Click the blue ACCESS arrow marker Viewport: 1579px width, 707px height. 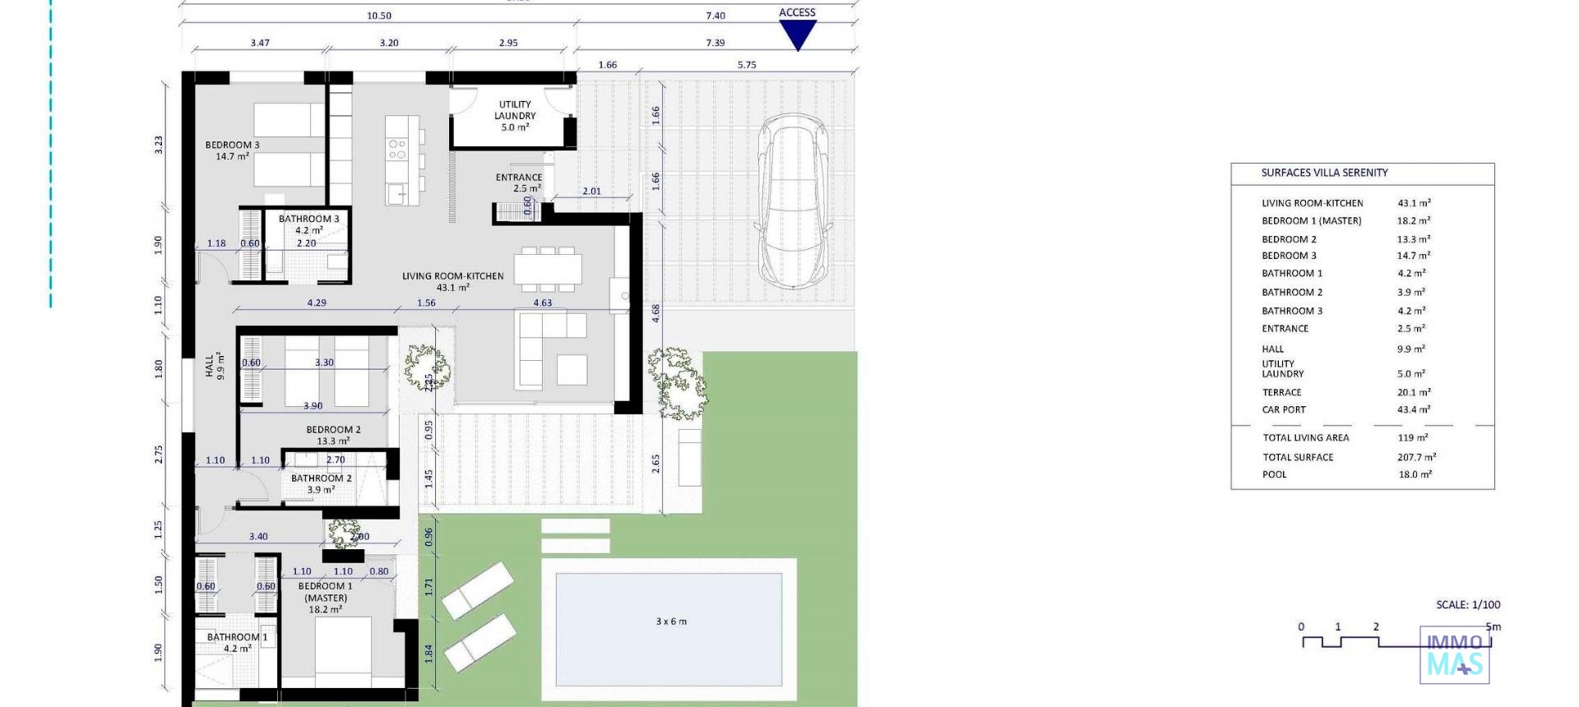(x=797, y=34)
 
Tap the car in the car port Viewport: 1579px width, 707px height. (x=792, y=201)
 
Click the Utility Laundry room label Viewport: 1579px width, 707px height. (x=515, y=116)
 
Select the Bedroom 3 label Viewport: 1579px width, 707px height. (x=232, y=150)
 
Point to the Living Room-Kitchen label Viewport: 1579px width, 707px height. (x=452, y=281)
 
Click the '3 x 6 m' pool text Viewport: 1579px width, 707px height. (x=671, y=622)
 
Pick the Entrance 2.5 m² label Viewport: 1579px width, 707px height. (x=519, y=183)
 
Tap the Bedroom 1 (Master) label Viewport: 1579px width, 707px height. (x=326, y=598)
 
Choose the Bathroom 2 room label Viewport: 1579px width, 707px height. (x=321, y=483)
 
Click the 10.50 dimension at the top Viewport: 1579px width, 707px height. (x=379, y=16)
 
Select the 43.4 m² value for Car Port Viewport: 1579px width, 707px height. (x=1414, y=409)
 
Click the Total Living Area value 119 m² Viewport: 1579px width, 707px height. (x=1412, y=437)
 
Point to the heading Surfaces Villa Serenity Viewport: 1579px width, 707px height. (x=1324, y=173)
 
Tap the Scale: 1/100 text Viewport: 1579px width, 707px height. (x=1468, y=604)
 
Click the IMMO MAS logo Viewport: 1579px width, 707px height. (x=1454, y=655)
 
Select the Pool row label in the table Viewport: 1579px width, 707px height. (x=1274, y=474)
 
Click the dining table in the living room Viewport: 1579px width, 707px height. (x=548, y=269)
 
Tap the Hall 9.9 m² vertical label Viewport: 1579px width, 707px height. (x=214, y=366)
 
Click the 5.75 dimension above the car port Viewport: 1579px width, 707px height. (x=747, y=65)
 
